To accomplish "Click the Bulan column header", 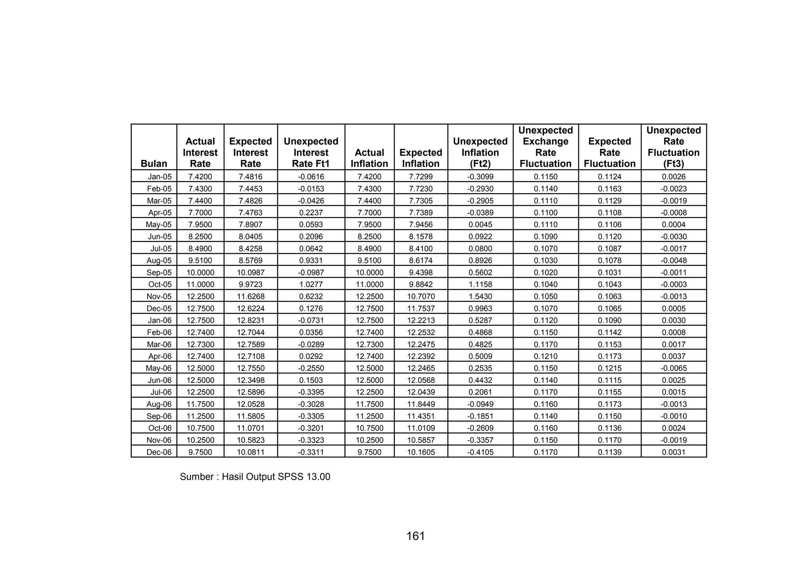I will (154, 163).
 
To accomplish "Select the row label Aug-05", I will (159, 260).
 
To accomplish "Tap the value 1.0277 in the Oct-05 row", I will (311, 284).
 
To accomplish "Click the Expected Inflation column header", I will (420, 158).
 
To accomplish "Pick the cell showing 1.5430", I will (480, 296).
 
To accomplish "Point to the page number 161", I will (415, 536).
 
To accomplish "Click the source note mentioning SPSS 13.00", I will (255, 477).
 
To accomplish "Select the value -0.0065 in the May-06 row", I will (674, 368).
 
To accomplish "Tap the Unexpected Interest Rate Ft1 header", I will (311, 152).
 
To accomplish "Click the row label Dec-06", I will (159, 452).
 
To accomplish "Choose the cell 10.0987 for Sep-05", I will (250, 272).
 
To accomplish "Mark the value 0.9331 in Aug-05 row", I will (311, 260).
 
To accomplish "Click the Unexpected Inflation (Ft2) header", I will (480, 152).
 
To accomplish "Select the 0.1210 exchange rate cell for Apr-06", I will (545, 356).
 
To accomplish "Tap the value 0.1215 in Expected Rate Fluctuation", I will (609, 368).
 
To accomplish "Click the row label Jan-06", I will (160, 320).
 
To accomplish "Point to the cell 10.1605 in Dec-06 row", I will (421, 452).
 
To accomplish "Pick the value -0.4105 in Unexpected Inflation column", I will (480, 452).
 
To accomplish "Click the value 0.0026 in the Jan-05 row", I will (674, 177).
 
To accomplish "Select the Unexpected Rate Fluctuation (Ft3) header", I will (674, 147).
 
